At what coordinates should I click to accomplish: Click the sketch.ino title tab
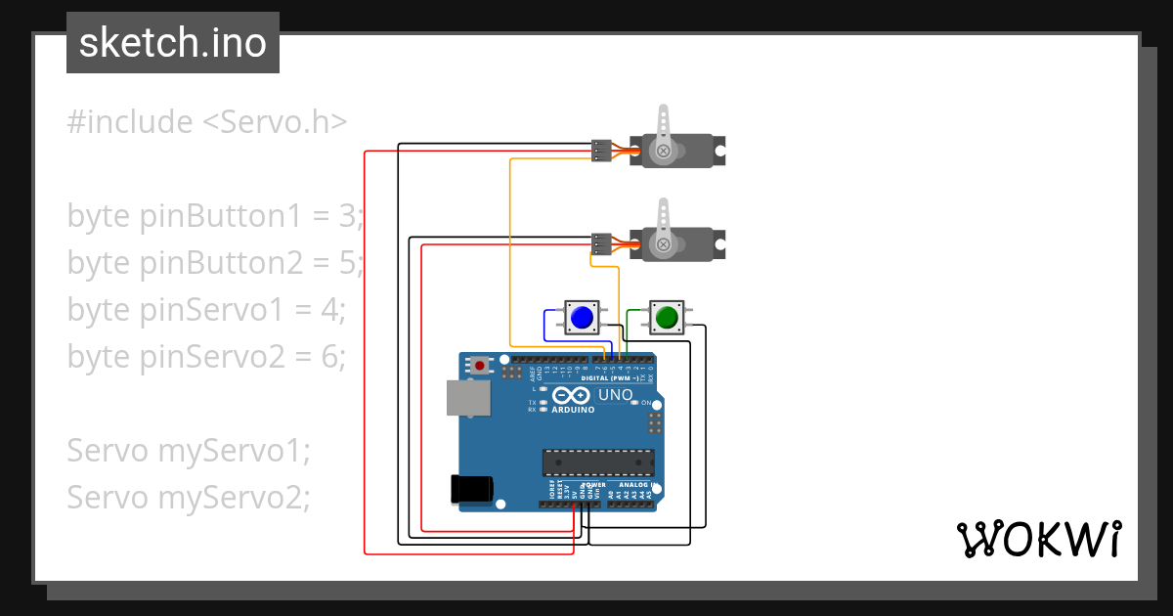point(173,43)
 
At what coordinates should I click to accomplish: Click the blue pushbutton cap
point(582,318)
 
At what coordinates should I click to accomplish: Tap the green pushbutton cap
point(668,317)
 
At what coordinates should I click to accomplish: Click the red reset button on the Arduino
point(480,365)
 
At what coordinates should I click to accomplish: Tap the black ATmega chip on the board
point(598,461)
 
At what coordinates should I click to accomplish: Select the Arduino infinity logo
point(571,396)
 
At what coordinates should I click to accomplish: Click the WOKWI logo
point(1037,539)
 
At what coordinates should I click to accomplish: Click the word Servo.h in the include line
point(275,122)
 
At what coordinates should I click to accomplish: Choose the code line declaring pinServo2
point(206,357)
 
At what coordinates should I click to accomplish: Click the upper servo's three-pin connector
point(601,151)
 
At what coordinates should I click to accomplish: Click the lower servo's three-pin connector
point(601,243)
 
